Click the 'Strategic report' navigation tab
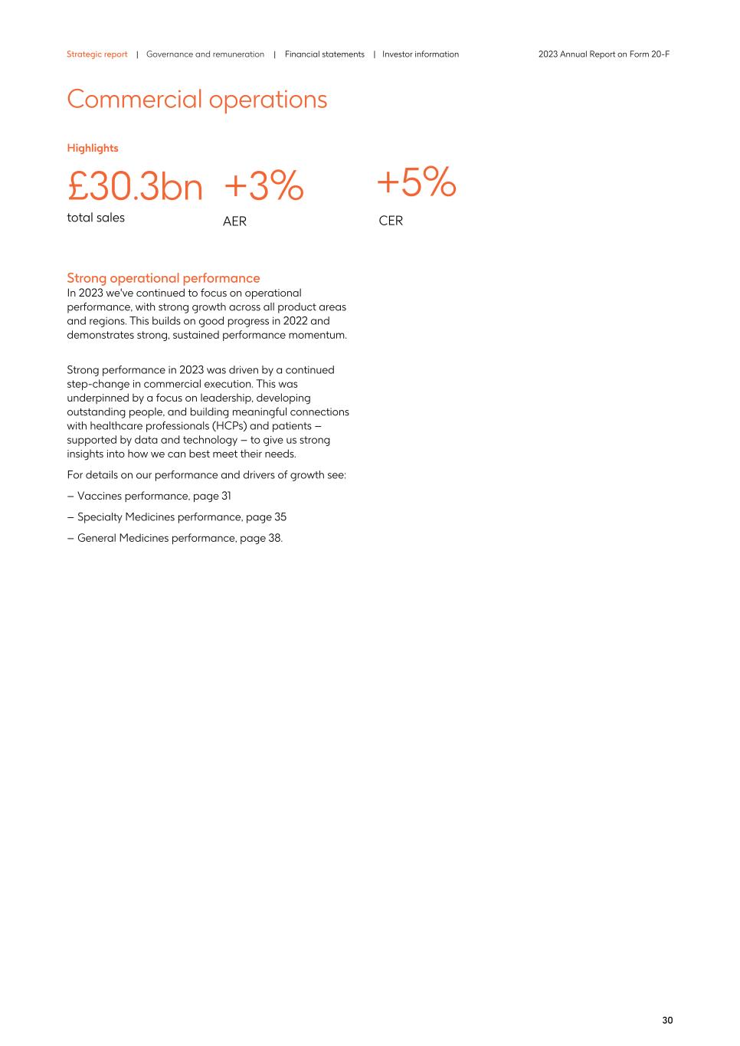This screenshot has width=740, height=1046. click(x=97, y=54)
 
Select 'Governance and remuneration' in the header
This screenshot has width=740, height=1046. click(x=205, y=54)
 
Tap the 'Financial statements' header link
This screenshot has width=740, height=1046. click(x=324, y=54)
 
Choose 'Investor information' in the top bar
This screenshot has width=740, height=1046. click(x=421, y=54)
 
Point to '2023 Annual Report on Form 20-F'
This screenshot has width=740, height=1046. click(x=604, y=54)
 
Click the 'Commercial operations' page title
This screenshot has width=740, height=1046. click(x=197, y=100)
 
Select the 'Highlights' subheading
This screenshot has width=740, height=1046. click(x=93, y=148)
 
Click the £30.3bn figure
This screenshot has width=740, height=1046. click(x=135, y=187)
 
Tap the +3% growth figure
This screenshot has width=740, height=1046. click(x=264, y=186)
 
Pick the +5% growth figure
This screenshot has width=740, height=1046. click(x=416, y=182)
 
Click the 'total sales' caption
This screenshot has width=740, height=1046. click(x=96, y=218)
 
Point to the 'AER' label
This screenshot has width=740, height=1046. click(x=234, y=221)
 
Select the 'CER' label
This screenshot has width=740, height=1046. click(x=391, y=221)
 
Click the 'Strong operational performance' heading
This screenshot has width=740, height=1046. click(x=163, y=278)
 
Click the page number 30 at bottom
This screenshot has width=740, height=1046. click(x=667, y=1020)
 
